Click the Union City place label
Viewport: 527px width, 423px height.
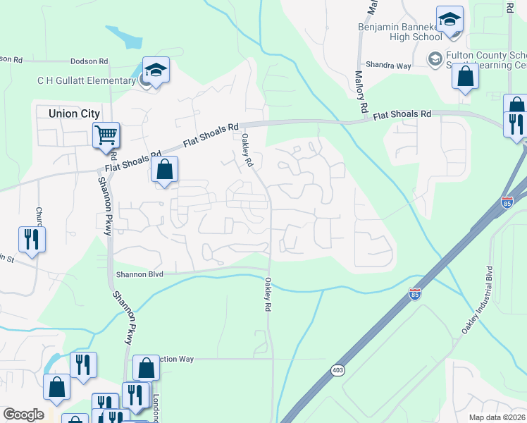[x=74, y=113]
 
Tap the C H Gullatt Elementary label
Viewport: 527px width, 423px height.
[x=86, y=80]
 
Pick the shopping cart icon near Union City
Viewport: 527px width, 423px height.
[x=106, y=134]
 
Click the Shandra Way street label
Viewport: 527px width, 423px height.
[x=392, y=66]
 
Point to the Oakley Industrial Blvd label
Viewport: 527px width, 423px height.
[x=477, y=300]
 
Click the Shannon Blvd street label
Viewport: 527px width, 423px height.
[x=139, y=274]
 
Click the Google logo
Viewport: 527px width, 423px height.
[x=23, y=415]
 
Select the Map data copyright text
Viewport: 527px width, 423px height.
[x=497, y=417]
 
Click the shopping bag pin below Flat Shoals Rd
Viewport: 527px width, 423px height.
[x=164, y=171]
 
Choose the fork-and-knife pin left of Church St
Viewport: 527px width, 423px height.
[x=32, y=239]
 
